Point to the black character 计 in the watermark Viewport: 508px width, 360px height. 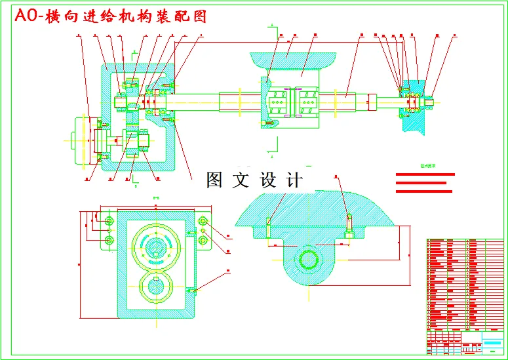(294, 180)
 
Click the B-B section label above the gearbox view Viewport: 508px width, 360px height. (156, 197)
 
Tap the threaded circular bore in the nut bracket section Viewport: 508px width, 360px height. (308, 258)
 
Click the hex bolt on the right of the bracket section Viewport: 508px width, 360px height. (349, 226)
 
